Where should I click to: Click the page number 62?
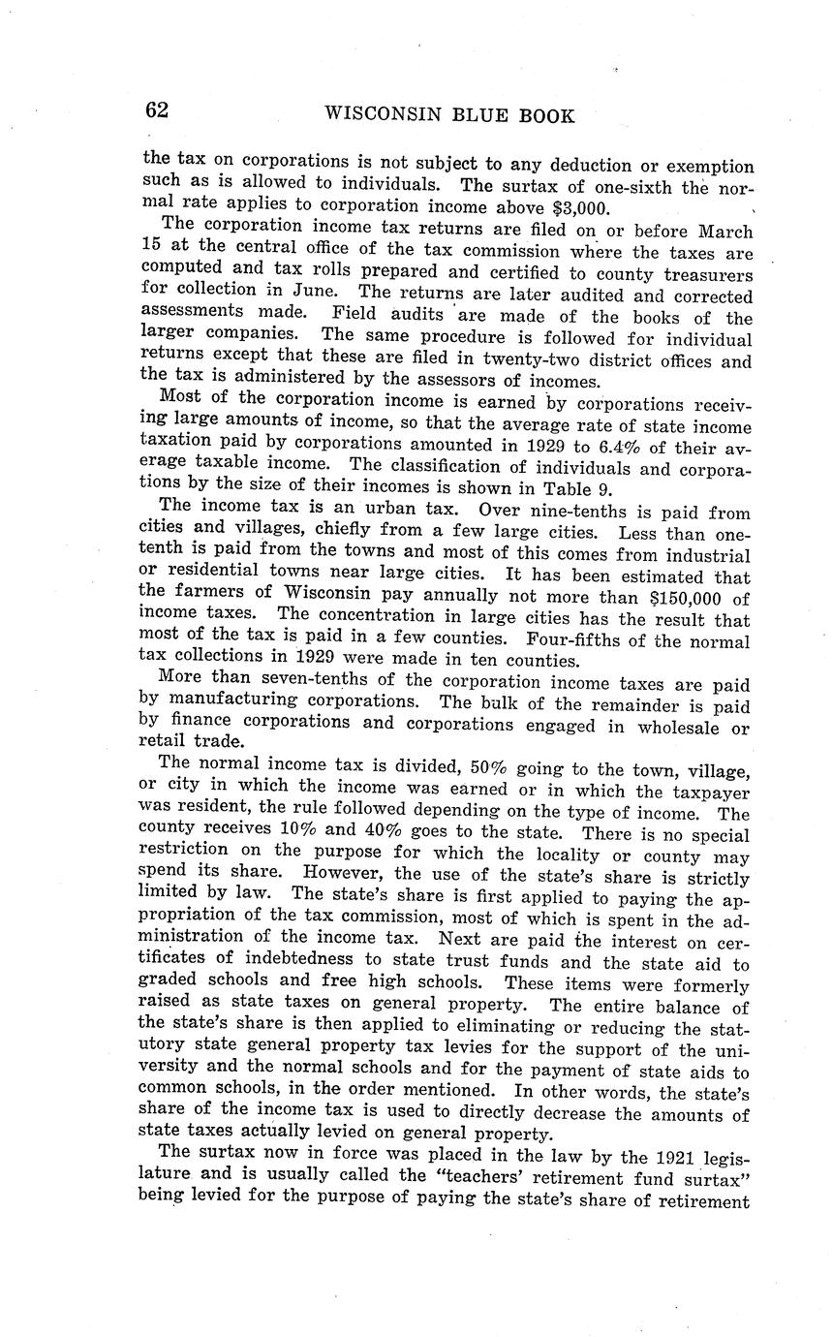coord(157,110)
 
